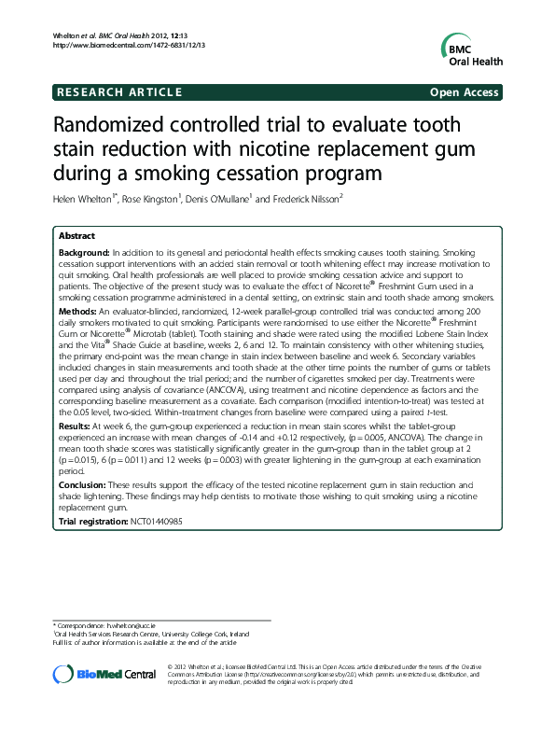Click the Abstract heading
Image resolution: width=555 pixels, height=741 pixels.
point(76,235)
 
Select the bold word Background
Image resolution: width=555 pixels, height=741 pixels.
point(84,253)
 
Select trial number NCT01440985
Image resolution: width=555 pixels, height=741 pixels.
point(157,520)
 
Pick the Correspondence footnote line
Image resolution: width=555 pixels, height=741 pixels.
point(104,624)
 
